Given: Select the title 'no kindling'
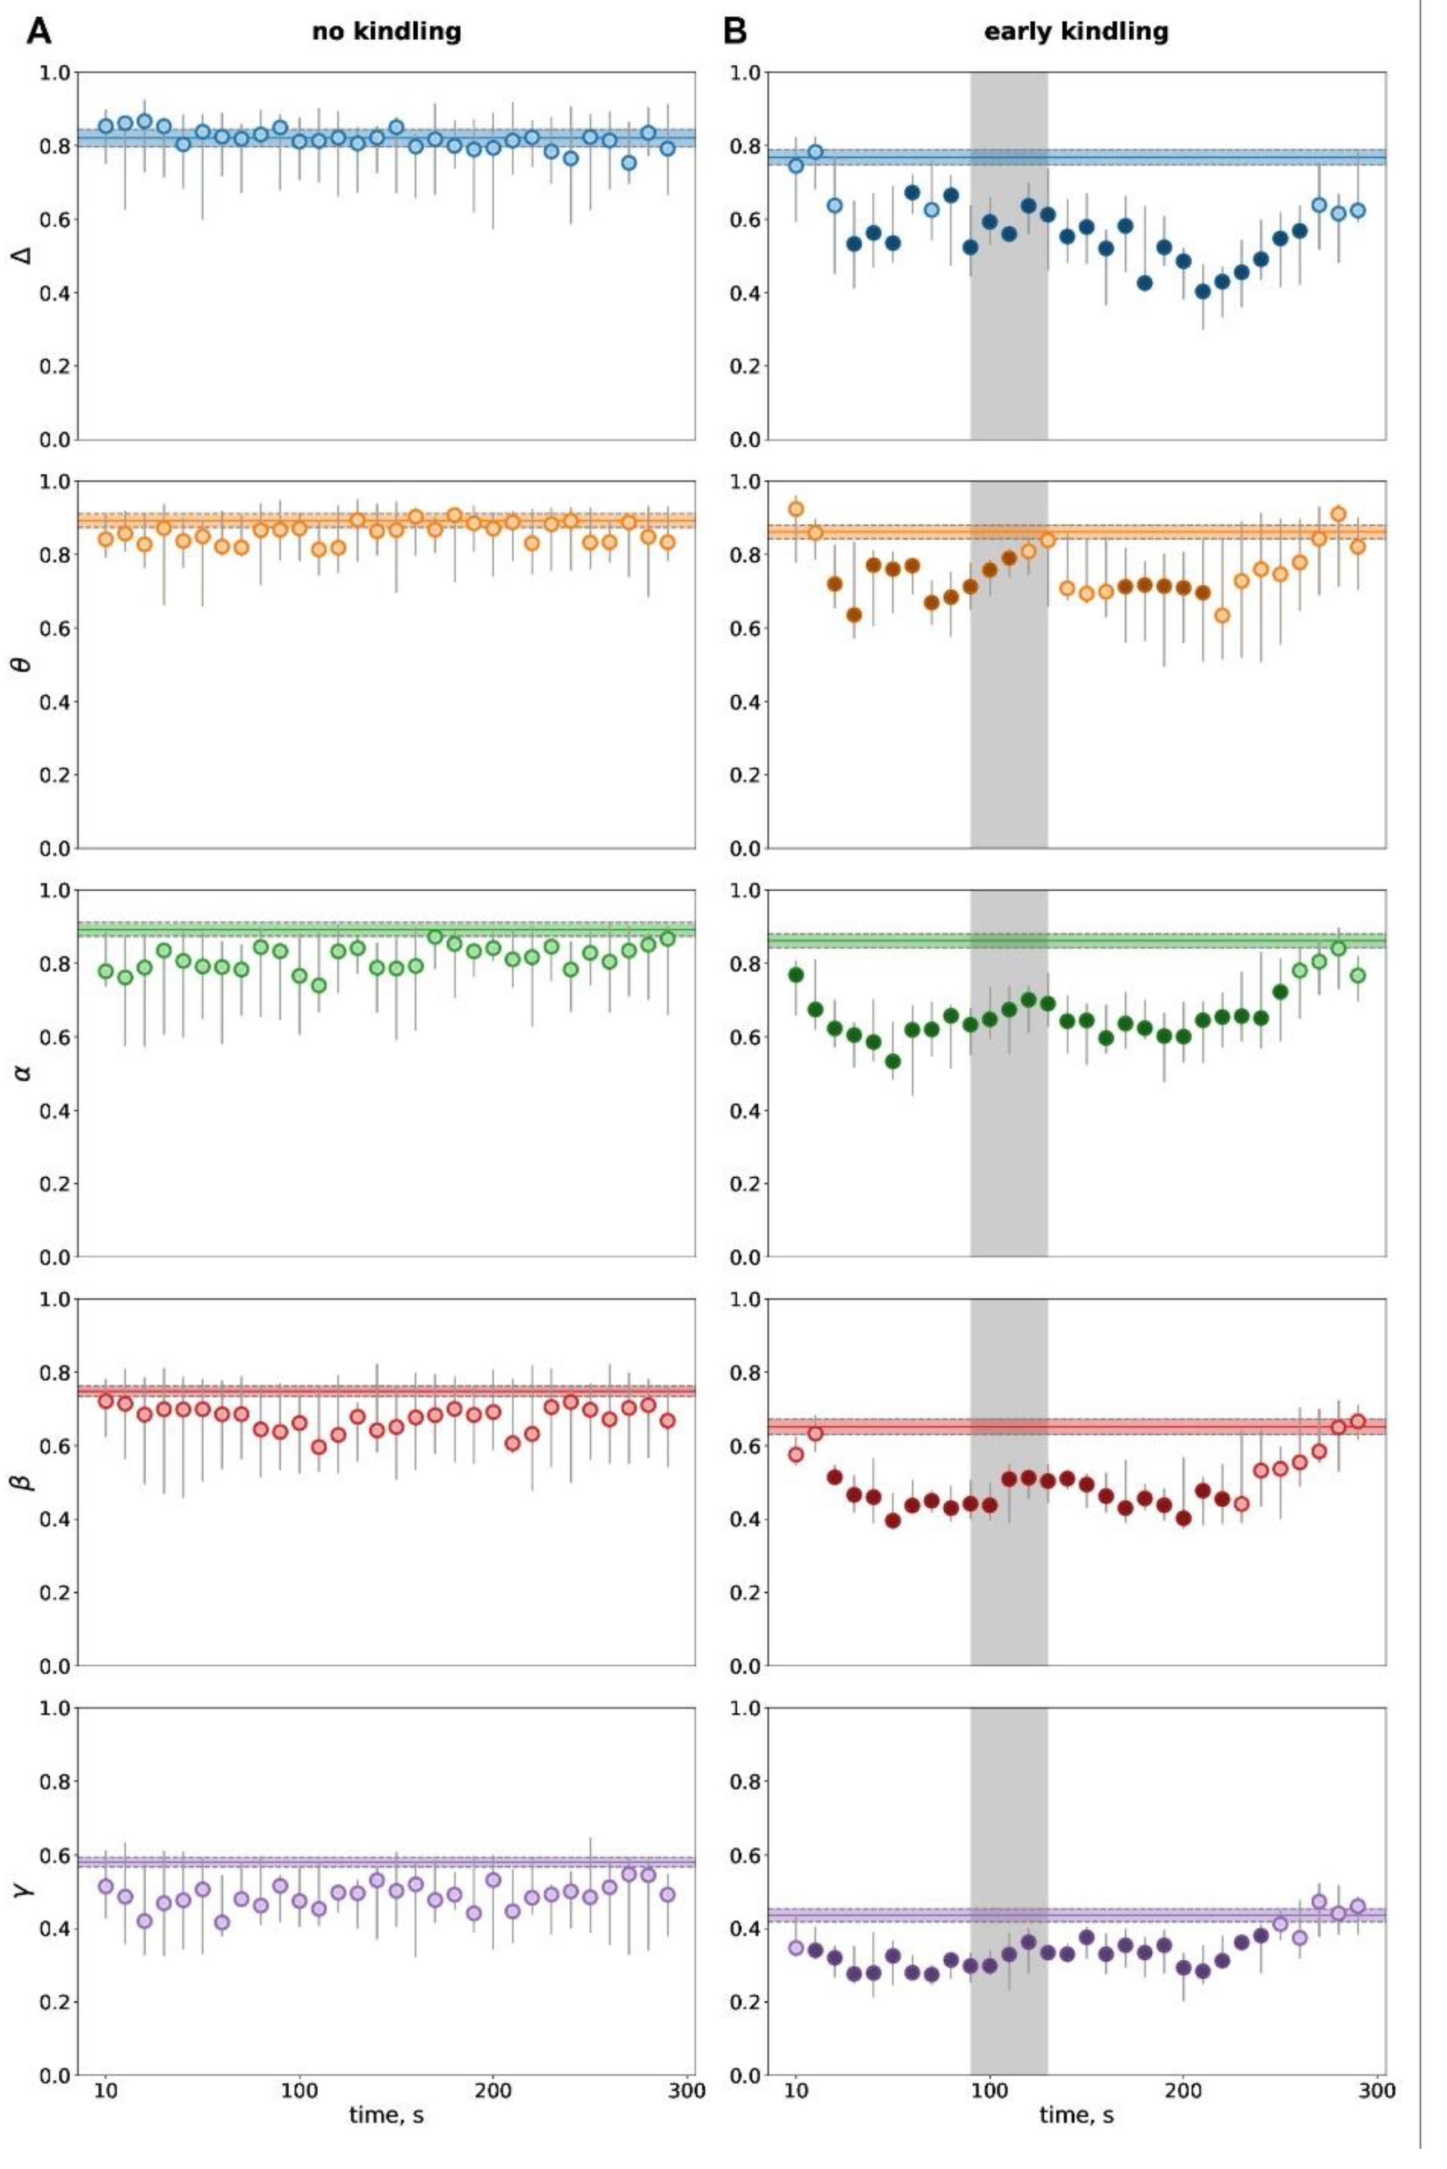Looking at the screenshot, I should click(x=386, y=31).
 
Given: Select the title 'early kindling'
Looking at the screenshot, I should click(x=1076, y=31).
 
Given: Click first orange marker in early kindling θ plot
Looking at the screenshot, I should click(x=795, y=508).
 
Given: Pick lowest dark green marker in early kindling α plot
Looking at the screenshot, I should click(x=892, y=1061).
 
